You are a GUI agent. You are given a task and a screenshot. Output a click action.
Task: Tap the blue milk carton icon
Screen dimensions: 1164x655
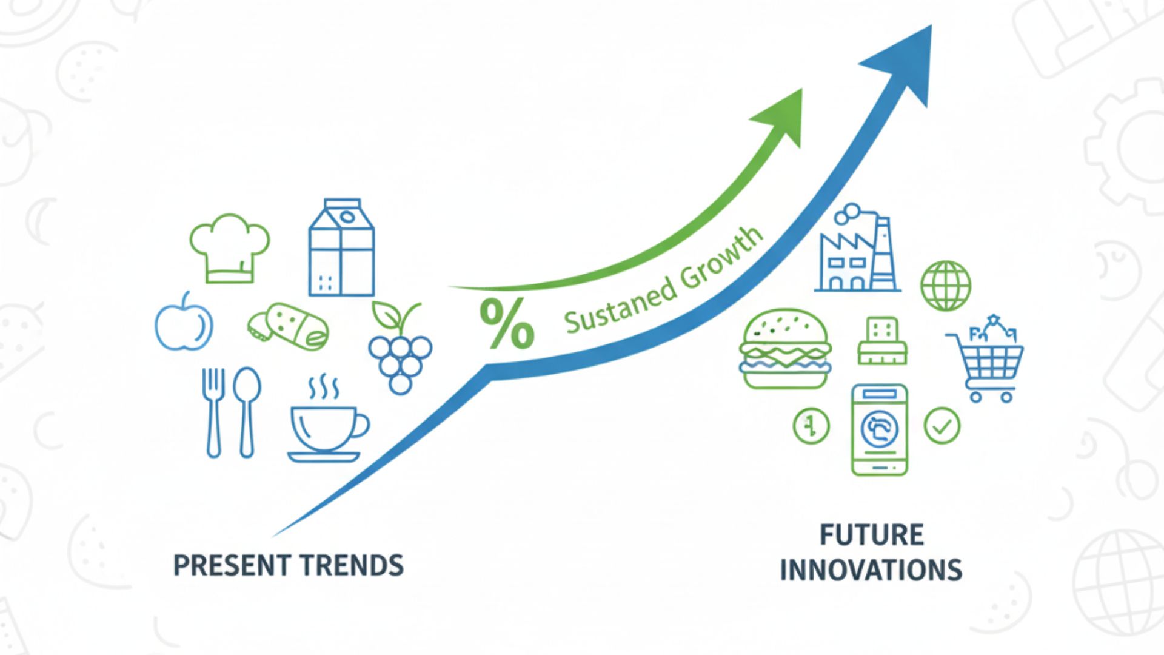coord(341,247)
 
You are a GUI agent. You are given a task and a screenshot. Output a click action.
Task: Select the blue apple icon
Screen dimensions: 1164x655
coord(184,321)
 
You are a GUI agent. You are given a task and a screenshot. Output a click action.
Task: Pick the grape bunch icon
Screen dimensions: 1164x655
coord(401,348)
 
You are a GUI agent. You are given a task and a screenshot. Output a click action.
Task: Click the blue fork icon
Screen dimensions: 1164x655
coord(213,412)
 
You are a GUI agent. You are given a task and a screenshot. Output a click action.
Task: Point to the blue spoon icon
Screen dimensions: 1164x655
coord(247,412)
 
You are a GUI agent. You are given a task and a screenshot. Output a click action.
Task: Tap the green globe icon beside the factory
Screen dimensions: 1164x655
coord(945,286)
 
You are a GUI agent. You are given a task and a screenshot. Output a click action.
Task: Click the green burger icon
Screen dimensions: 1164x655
coord(785,348)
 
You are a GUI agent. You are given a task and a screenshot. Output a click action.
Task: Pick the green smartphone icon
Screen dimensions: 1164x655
coord(879,429)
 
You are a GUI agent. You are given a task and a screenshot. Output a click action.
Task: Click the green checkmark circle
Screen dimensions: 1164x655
coord(942,425)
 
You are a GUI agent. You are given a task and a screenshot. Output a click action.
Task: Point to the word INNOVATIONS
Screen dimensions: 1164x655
coord(871,570)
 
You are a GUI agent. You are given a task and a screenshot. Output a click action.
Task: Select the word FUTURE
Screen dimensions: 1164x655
coord(872,535)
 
